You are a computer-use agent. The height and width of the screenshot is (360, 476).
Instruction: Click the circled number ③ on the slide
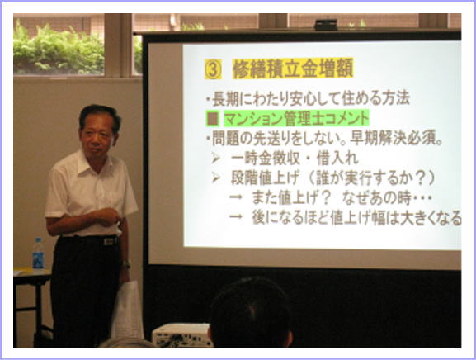click(x=213, y=69)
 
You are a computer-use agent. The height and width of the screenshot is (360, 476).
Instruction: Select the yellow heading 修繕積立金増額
click(x=293, y=69)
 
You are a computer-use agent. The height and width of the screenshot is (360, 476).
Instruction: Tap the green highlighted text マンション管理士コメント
click(x=296, y=118)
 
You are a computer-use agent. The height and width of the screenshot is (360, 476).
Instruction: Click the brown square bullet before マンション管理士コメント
click(x=212, y=118)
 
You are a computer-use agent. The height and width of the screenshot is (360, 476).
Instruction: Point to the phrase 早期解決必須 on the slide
click(x=395, y=139)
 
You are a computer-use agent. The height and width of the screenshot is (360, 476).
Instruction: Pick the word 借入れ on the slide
click(x=337, y=159)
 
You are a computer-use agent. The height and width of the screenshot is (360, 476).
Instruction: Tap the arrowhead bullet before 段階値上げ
click(x=216, y=178)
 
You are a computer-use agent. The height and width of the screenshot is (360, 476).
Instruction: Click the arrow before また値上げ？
click(x=236, y=197)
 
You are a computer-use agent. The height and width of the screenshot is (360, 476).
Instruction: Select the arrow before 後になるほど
click(x=236, y=216)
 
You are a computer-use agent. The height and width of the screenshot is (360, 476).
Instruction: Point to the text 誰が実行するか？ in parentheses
click(x=372, y=178)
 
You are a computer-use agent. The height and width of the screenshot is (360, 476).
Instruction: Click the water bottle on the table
click(x=38, y=253)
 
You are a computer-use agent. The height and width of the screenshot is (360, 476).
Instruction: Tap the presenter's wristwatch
click(x=126, y=263)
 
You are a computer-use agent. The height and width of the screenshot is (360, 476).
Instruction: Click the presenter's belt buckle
click(x=109, y=241)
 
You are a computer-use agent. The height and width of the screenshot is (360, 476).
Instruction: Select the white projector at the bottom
click(x=181, y=334)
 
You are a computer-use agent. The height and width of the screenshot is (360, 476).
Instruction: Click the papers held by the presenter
click(x=128, y=310)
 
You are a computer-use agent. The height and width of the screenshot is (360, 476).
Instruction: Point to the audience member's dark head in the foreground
click(x=251, y=313)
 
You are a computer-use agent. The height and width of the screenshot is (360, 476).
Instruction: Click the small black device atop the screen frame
click(x=326, y=25)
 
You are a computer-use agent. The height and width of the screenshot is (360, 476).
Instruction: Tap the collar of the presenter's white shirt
click(x=91, y=163)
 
